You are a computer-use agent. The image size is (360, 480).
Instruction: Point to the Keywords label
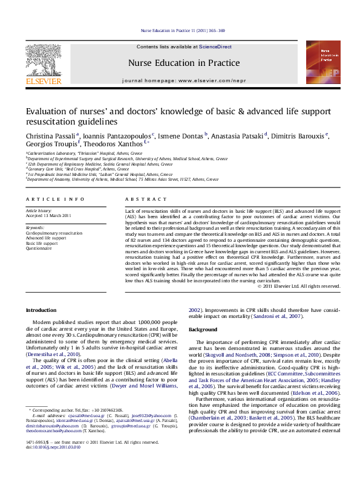pyautogui.click(x=35, y=227)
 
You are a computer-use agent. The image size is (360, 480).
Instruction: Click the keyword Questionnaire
pyautogui.click(x=39, y=248)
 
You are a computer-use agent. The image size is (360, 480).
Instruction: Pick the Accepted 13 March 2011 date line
pyautogui.click(x=48, y=216)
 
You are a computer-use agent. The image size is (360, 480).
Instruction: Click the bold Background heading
pyautogui.click(x=203, y=329)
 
